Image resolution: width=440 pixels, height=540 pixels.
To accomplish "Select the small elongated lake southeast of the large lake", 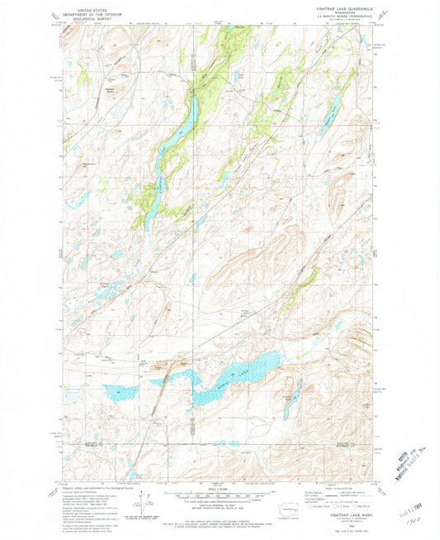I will click(289, 398).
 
